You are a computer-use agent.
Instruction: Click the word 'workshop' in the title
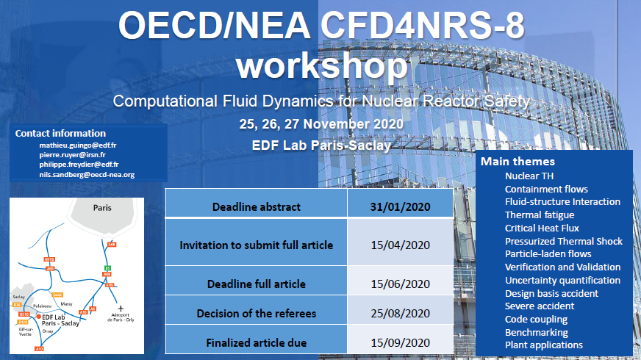click(320, 66)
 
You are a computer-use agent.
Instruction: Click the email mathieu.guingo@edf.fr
click(77, 145)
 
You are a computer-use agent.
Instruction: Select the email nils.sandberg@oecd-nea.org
click(87, 175)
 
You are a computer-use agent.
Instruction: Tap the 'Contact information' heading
click(60, 133)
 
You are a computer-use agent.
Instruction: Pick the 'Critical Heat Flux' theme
click(542, 228)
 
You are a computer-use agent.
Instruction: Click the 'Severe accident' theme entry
click(540, 306)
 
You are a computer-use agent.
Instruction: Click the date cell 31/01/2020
click(400, 206)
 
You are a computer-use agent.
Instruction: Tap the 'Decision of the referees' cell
click(256, 314)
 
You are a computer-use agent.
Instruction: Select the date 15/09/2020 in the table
click(400, 342)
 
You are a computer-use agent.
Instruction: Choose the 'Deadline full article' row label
click(256, 284)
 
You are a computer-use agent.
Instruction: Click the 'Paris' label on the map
click(102, 208)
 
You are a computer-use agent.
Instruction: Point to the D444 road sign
click(58, 294)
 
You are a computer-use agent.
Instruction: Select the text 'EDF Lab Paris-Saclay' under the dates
click(320, 145)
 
